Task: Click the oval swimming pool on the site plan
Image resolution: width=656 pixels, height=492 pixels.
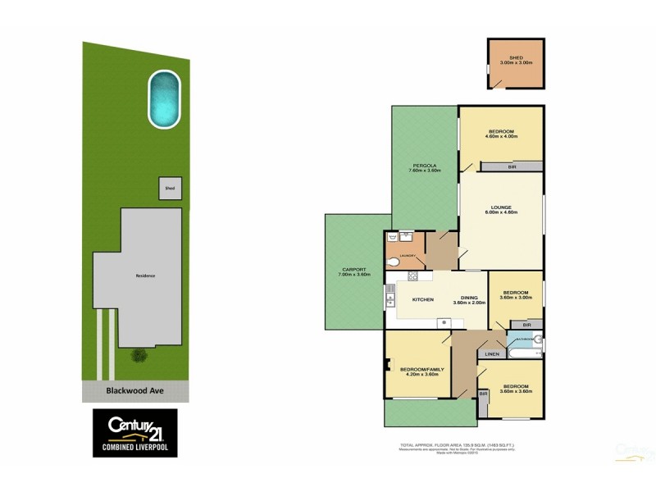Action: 164,99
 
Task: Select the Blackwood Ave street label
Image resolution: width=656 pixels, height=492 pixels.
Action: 136,391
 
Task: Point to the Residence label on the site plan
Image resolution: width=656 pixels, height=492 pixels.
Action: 145,276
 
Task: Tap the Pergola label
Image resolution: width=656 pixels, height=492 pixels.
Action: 426,167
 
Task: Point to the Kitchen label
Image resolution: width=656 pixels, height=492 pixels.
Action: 423,299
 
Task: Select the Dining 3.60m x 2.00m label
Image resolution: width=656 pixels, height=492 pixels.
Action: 470,300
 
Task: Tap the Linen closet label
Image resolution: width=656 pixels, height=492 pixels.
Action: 492,354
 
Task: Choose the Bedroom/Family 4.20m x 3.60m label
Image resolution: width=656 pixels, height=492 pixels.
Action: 421,372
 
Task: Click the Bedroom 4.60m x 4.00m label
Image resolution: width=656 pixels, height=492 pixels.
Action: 501,134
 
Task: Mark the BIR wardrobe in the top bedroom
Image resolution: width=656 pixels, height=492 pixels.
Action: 512,167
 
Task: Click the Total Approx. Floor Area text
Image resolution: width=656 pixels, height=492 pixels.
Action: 458,444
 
